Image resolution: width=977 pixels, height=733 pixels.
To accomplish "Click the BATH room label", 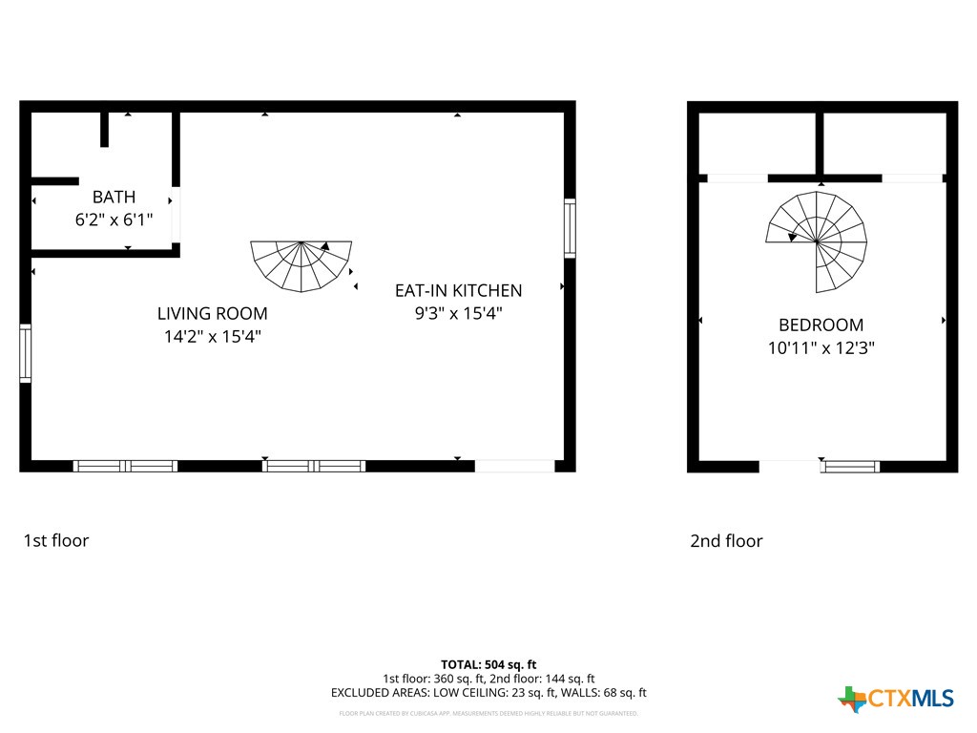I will point(114,198).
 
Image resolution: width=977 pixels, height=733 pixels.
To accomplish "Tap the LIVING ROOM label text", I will point(212,313).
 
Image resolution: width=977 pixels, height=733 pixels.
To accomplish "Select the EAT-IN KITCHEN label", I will point(458,290).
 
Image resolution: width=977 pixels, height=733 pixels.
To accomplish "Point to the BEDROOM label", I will point(821,325).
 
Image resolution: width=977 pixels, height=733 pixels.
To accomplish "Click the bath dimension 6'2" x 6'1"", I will point(114,220).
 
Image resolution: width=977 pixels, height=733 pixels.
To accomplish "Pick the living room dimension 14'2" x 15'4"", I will point(212,336).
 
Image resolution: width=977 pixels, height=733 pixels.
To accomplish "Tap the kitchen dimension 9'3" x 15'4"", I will point(458,313).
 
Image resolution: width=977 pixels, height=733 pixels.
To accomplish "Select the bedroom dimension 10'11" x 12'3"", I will point(821,348).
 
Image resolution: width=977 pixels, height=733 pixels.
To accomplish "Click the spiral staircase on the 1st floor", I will point(301,265).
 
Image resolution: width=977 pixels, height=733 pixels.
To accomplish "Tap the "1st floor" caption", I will point(55,541).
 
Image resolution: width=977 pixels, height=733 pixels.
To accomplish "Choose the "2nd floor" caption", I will point(726,541).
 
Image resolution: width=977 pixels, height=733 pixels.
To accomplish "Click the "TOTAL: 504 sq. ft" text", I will point(488,664).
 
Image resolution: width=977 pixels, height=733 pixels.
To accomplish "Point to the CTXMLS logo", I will point(896,699).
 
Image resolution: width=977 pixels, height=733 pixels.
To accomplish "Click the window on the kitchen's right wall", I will point(570,228).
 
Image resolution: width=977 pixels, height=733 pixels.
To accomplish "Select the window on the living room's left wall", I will point(26,353).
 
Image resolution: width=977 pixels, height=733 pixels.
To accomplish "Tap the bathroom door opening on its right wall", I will point(176,215).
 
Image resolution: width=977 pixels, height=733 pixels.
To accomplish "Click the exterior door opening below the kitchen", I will point(514,466).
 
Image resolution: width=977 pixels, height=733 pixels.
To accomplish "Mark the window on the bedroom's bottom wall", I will point(850,467).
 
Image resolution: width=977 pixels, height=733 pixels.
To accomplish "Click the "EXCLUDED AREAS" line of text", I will point(488,693).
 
